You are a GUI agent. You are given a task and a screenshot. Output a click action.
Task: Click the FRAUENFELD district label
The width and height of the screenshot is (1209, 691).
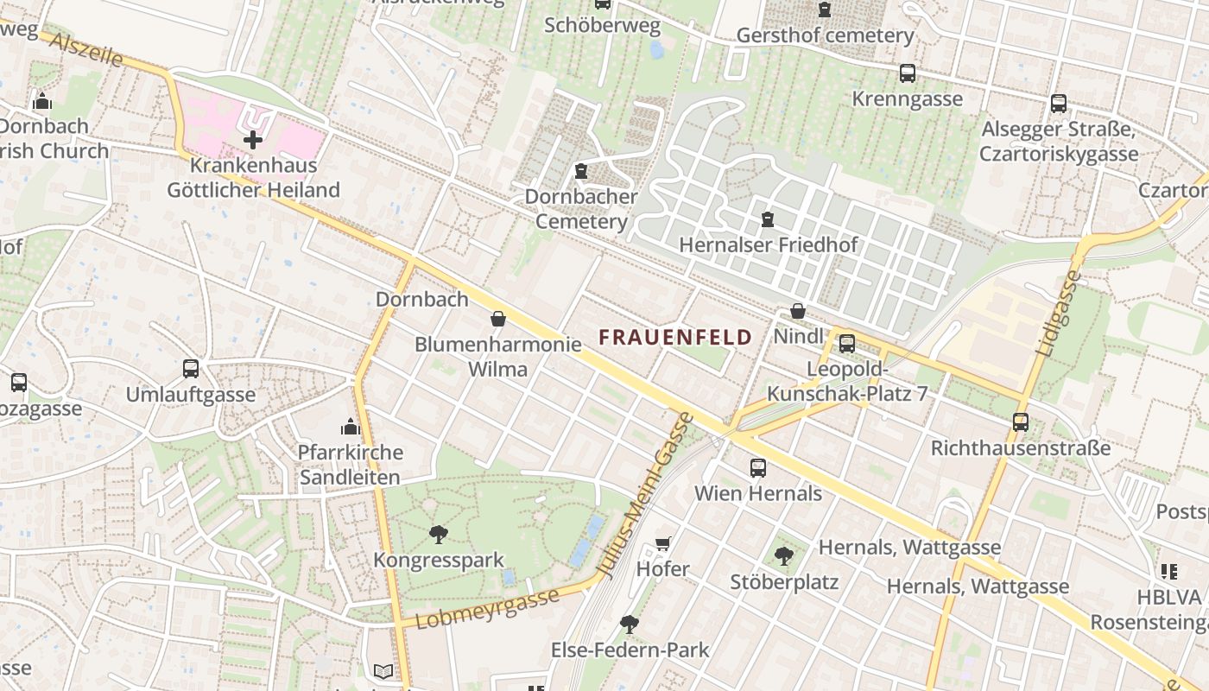675,337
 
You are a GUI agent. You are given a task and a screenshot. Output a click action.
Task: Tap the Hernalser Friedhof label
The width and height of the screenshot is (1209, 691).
768,244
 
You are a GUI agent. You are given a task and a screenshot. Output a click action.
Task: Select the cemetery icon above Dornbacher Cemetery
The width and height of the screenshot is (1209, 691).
581,171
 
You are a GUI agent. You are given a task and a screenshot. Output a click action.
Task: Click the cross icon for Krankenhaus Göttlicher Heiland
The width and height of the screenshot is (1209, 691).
252,139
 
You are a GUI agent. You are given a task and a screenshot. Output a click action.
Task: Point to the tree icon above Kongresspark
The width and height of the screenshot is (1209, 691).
439,535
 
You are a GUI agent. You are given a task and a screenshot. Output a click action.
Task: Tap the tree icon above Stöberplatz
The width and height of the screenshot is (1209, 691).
784,555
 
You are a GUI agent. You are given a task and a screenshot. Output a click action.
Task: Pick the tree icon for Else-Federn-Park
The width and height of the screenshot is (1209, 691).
630,624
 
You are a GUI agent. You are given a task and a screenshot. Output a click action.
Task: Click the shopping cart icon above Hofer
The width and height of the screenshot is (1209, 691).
663,543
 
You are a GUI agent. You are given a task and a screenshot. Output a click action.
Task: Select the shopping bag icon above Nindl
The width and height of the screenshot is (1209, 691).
798,311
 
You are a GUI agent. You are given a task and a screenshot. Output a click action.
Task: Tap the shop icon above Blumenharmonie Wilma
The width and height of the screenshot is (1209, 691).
497,319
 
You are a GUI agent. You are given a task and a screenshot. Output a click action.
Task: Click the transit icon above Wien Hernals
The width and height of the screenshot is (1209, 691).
758,467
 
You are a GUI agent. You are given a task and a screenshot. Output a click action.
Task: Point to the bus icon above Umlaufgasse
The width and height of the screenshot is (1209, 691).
191,369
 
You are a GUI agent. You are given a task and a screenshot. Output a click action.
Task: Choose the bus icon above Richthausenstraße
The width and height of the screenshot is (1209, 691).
1021,422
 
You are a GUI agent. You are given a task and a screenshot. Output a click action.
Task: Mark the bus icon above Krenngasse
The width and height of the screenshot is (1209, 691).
907,73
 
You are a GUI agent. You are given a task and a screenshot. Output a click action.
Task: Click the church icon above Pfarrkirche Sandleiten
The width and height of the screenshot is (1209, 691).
350,427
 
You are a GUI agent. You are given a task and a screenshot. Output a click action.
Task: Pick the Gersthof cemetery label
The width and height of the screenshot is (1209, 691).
825,35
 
